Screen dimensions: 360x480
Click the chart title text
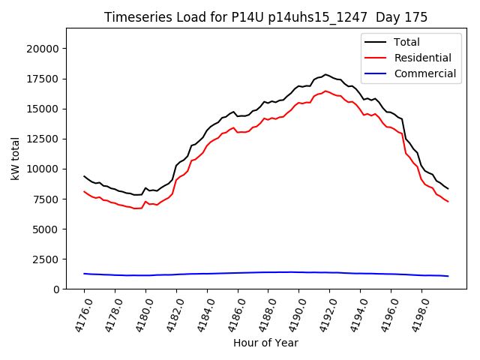point(265,17)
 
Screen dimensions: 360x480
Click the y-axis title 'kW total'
point(16,158)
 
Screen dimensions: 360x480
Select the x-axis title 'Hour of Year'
point(265,343)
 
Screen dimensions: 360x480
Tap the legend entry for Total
point(406,42)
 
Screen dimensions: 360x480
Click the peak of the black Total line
point(325,74)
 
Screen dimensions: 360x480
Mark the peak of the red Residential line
point(325,91)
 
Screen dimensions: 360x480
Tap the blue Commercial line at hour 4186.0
point(238,273)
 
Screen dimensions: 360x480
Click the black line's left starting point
point(84,176)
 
